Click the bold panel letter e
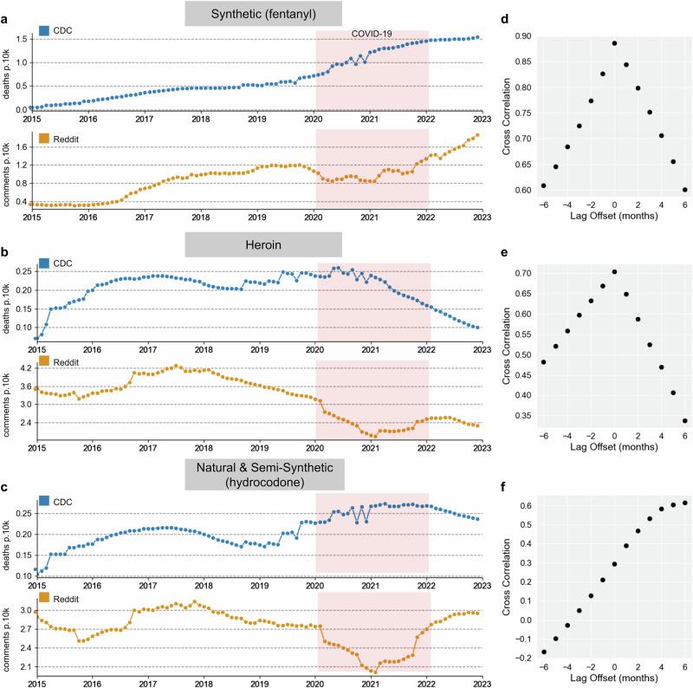512,248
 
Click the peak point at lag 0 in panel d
614,43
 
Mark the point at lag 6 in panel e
684,421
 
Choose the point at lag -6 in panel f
543,652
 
